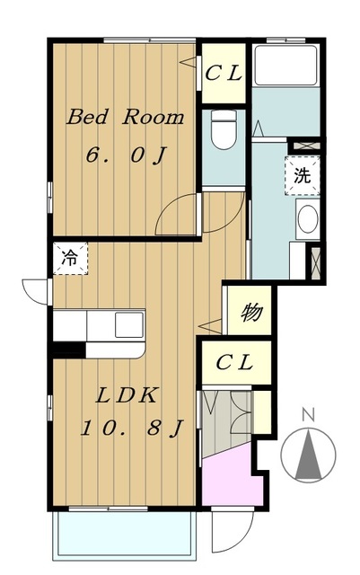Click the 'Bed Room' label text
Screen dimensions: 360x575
(125, 118)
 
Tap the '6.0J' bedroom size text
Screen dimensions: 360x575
(126, 155)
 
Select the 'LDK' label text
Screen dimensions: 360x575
(127, 395)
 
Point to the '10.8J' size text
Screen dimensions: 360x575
(131, 428)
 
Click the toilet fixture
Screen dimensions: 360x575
(224, 129)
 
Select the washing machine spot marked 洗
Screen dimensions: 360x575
(303, 175)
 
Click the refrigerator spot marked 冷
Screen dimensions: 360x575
(70, 258)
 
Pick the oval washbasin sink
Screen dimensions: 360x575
(308, 218)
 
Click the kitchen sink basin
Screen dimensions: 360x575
(129, 324)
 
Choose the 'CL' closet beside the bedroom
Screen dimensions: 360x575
(224, 74)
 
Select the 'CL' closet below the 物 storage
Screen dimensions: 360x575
(236, 363)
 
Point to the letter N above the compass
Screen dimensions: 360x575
(309, 415)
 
